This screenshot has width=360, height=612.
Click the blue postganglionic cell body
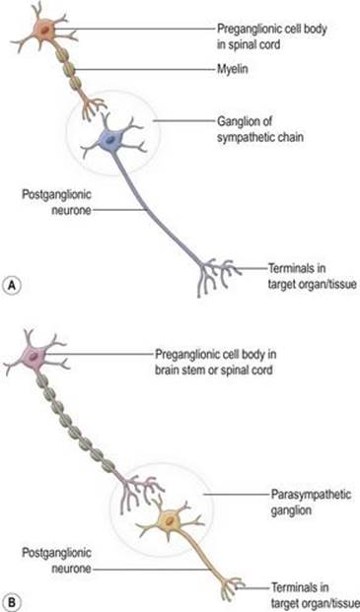(110, 139)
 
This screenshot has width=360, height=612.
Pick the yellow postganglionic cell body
(169, 520)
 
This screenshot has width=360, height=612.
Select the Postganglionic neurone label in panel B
(56, 562)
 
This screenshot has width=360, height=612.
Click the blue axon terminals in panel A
(218, 275)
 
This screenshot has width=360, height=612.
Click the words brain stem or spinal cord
(214, 370)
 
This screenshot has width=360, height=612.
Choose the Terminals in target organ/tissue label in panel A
(313, 277)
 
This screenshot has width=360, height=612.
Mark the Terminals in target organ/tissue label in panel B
(314, 594)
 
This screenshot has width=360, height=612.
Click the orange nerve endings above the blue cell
(93, 107)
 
